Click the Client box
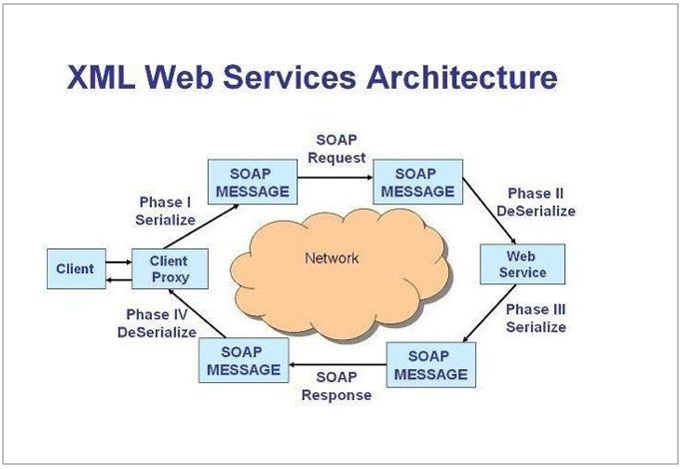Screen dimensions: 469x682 click(x=75, y=268)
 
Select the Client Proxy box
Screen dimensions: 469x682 click(x=169, y=268)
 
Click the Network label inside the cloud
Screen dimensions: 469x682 click(x=332, y=258)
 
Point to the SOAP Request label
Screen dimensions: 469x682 click(x=338, y=149)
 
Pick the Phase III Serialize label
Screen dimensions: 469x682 click(x=535, y=318)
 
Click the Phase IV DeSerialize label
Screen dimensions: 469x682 click(x=157, y=323)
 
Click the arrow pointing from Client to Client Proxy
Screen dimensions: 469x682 click(x=118, y=261)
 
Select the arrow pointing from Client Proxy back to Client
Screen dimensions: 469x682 click(x=118, y=278)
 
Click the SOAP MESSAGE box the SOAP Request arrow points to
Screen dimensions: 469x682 click(x=417, y=182)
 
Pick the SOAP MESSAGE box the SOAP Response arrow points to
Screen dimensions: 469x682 click(x=244, y=361)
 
